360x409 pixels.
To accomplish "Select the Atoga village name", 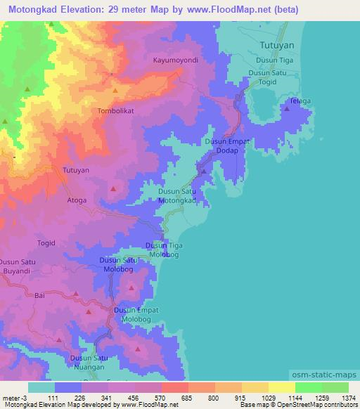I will [x=77, y=200].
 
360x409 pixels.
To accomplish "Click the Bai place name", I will [x=40, y=296].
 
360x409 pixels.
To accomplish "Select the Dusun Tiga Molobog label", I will [x=165, y=249].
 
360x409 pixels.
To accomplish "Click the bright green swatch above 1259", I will [x=308, y=387].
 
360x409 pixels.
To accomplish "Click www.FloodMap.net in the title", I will [x=238, y=10].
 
